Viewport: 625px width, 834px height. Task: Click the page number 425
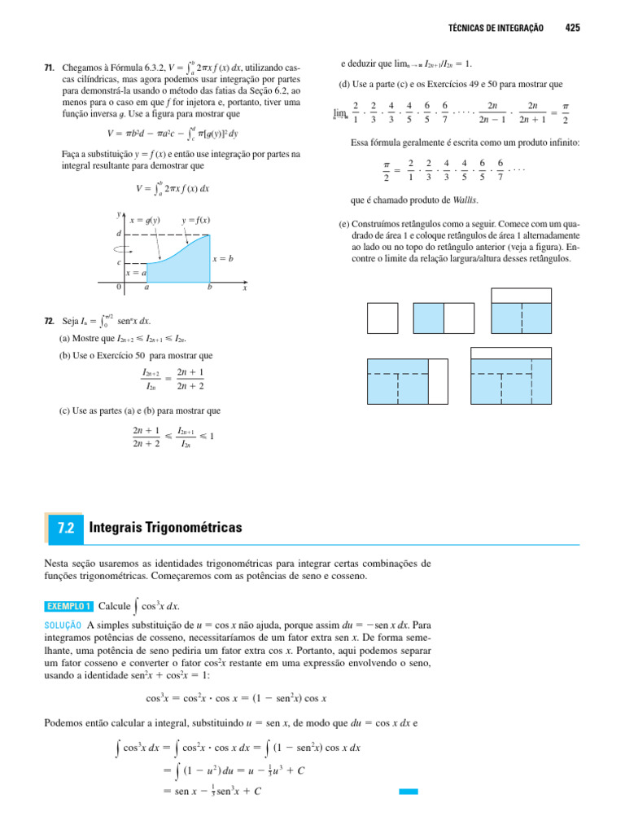572,28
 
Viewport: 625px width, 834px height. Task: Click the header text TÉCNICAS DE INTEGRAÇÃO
496,28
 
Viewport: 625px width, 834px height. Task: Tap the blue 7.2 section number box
66,528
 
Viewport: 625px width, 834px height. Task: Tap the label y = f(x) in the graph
195,220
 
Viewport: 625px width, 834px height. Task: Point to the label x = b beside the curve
224,258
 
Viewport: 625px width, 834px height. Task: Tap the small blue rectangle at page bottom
408,791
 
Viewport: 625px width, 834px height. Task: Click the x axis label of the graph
244,288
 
